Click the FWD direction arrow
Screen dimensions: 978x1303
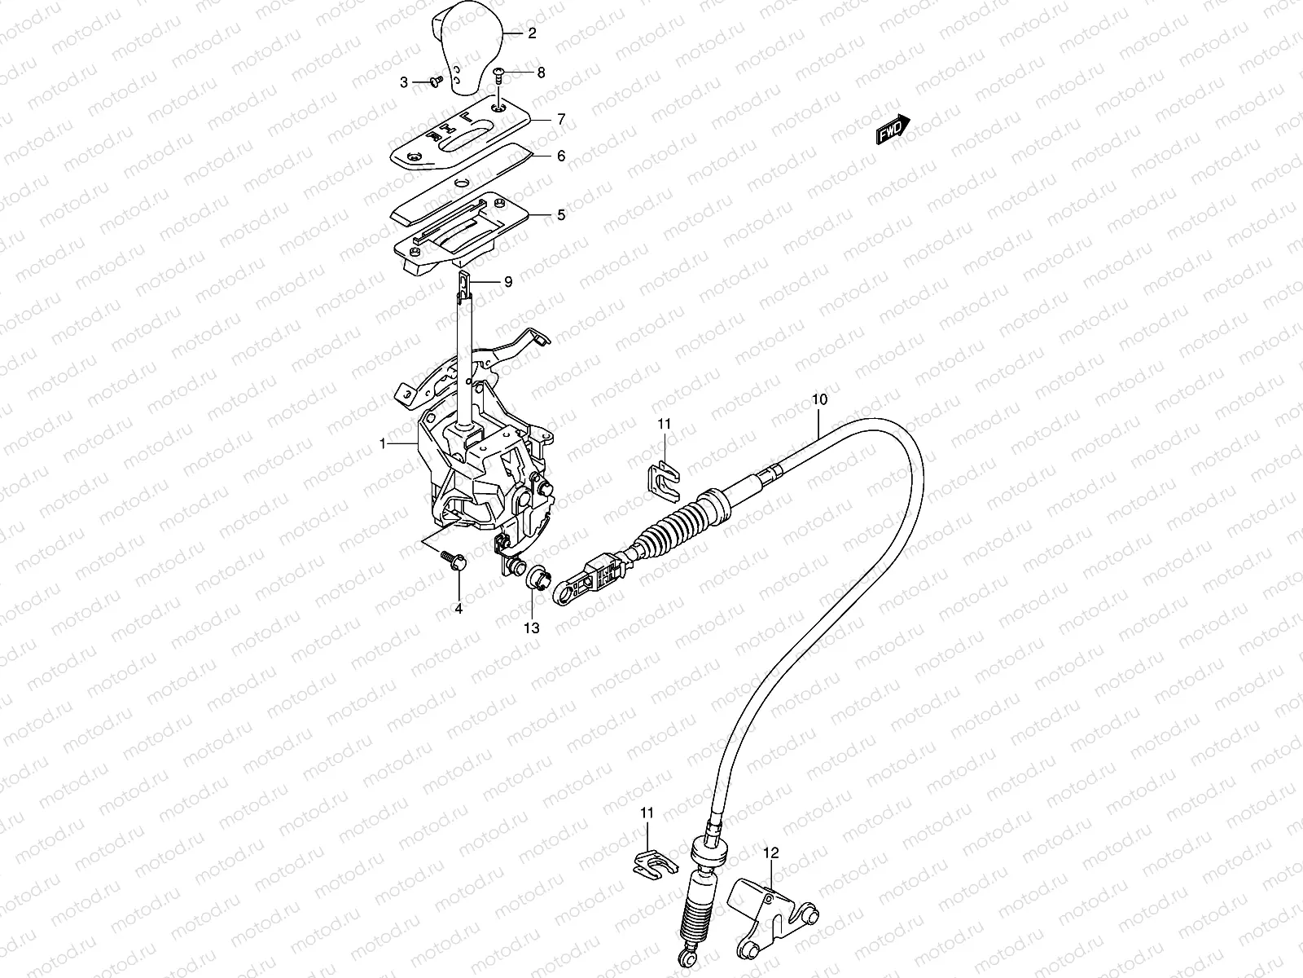point(892,130)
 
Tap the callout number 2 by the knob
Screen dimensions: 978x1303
point(532,33)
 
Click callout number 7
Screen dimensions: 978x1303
point(561,119)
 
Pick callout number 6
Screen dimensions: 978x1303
point(561,155)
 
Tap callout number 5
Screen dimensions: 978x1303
point(561,215)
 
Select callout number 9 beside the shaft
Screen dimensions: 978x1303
point(507,282)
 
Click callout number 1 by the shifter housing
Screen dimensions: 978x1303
point(382,443)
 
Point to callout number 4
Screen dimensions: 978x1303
point(458,608)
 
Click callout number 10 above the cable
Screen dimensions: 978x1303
point(819,399)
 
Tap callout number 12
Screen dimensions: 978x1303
point(771,853)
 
